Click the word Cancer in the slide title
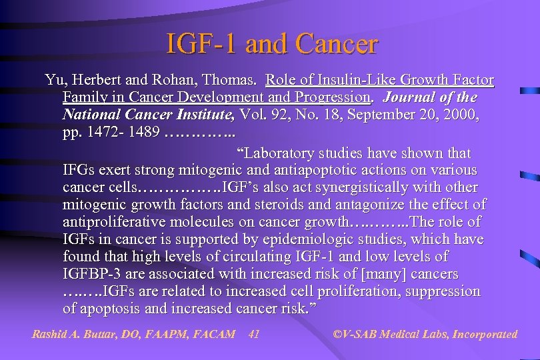pos(336,44)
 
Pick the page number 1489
pos(143,132)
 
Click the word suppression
pos(444,291)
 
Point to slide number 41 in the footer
pos(253,334)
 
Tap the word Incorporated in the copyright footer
pos(485,334)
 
